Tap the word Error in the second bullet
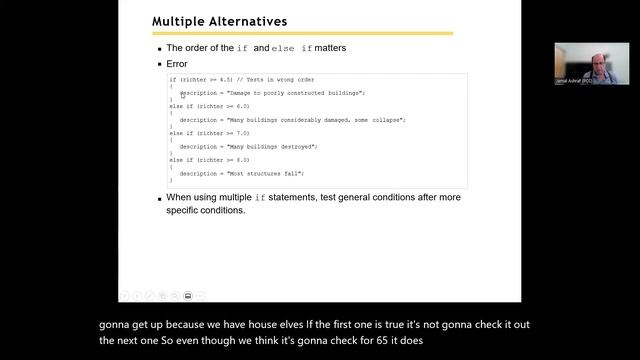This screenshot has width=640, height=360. point(176,63)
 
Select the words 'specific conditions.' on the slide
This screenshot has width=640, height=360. point(205,211)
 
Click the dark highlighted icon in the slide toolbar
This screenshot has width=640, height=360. point(188,295)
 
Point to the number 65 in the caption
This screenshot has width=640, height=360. point(389,340)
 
